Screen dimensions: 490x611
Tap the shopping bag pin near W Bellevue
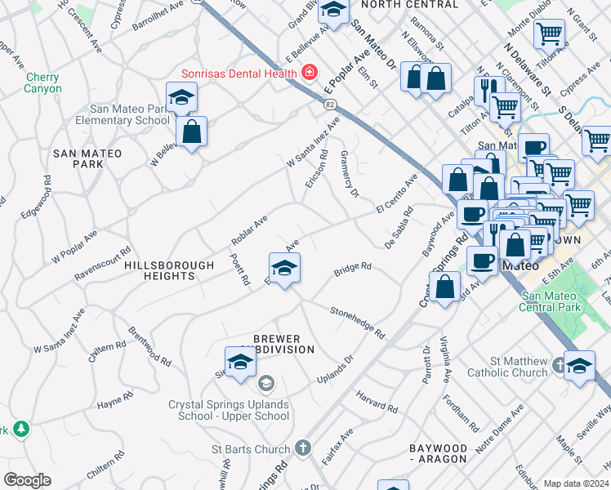pos(191,132)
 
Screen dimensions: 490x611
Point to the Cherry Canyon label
pos(43,82)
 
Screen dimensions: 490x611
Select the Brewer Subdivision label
pos(276,344)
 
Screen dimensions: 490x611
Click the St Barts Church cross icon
pos(302,448)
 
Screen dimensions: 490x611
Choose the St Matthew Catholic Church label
pos(507,367)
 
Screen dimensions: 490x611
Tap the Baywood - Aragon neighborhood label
pos(438,454)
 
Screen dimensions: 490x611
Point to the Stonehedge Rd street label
pos(357,323)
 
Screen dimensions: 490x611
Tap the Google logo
pos(27,480)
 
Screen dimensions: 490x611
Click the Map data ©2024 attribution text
pos(576,483)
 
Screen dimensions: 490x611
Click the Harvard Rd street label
pos(377,401)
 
